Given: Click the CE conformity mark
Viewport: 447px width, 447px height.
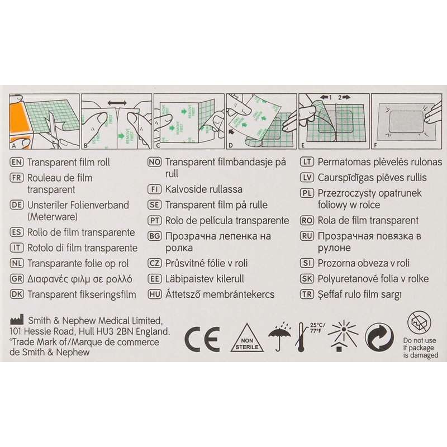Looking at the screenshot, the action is coord(202,339).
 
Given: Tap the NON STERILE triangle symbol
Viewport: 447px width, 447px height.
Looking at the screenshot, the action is coord(247,339).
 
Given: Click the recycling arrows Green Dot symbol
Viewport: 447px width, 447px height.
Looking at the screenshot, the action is coord(379,337).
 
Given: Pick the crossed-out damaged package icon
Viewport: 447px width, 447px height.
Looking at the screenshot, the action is coord(420,323).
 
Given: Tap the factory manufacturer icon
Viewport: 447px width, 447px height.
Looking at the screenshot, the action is coord(17,320).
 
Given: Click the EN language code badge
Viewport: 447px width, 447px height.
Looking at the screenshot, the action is coord(17,162).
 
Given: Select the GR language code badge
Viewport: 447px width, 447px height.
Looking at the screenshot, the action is coord(17,278).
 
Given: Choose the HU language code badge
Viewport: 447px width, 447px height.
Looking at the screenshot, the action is coord(155,294).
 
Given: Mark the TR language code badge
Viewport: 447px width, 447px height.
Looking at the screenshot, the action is coord(307,294).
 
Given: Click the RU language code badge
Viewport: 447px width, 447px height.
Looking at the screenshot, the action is coord(307,236).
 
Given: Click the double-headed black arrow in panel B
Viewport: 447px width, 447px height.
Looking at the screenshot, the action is coord(117,103).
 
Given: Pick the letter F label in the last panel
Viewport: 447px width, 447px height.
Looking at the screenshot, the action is coord(375,145).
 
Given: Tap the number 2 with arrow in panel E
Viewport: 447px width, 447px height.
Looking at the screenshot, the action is coord(344,97).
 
